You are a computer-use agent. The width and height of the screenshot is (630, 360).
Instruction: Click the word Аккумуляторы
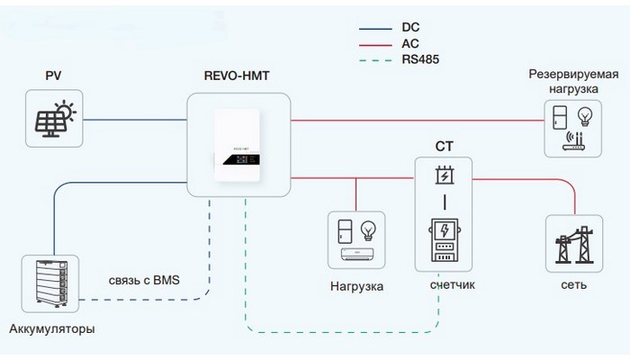pos(51,328)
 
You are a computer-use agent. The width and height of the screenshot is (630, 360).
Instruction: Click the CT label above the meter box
pos(443,147)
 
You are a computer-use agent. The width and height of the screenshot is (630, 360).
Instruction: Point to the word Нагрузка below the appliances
pos(357,285)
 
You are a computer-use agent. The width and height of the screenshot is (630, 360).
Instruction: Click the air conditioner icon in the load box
pos(356,255)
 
